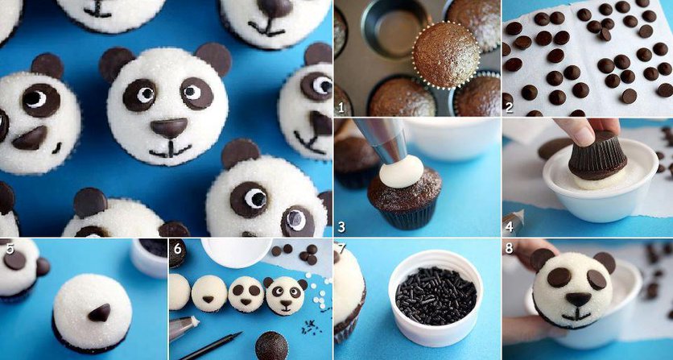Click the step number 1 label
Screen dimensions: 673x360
click(341, 107)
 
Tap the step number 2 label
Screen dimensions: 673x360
click(509, 107)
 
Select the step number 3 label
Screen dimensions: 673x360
click(341, 227)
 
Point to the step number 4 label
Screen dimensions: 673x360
click(510, 227)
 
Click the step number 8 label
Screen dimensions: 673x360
click(510, 249)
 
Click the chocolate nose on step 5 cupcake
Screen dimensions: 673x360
click(100, 312)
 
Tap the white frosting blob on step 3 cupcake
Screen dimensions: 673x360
click(403, 171)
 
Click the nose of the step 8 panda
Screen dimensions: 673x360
click(578, 299)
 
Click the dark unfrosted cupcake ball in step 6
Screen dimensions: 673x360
click(271, 346)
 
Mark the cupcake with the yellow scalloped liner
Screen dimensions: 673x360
click(446, 55)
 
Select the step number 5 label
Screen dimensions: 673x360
click(10, 249)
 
